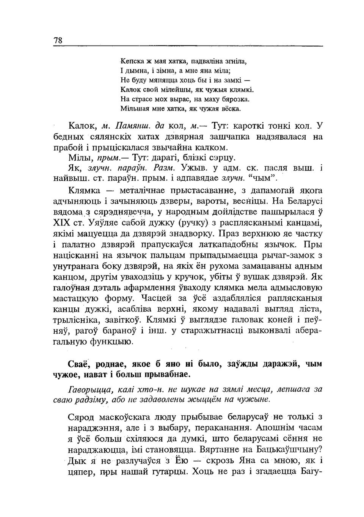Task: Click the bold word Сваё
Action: (78, 364)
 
